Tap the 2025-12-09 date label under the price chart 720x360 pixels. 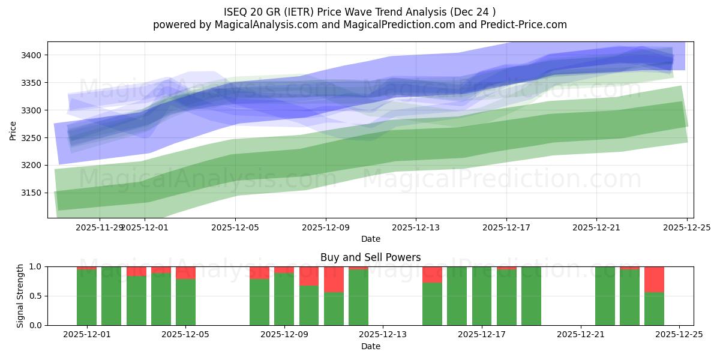325,228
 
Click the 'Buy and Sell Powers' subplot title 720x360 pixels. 370,257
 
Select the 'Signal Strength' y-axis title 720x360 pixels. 20,296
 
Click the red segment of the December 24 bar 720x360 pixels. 654,279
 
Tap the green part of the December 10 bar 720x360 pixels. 334,308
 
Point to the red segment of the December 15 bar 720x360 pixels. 432,274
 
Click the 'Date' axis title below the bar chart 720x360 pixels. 370,346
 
